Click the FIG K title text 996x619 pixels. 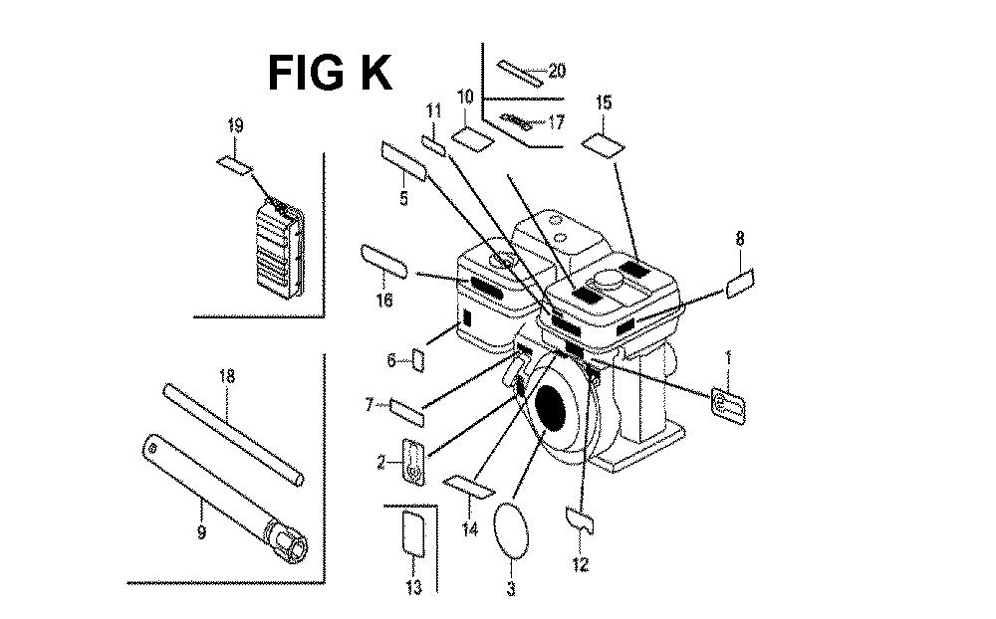tap(330, 73)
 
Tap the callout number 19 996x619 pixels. tap(235, 125)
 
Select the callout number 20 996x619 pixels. tap(556, 71)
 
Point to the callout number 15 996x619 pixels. tap(604, 103)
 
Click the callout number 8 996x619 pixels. tap(739, 239)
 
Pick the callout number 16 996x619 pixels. tap(384, 300)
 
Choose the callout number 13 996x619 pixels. tap(413, 587)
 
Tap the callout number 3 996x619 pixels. tap(511, 589)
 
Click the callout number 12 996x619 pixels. tap(580, 565)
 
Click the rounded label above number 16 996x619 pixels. tap(384, 258)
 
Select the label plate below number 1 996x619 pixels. tap(726, 402)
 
